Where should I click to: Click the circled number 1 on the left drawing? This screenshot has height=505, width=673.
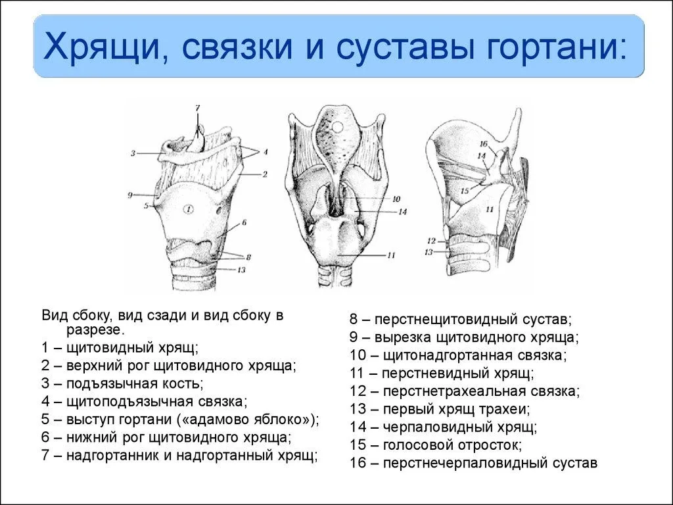point(189,210)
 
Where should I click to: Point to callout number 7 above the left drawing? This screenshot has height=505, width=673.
point(197,108)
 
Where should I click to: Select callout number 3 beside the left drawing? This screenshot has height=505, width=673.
point(133,153)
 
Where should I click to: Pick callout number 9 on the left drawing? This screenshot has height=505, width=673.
point(129,195)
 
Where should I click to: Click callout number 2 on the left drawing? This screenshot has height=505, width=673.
point(265,174)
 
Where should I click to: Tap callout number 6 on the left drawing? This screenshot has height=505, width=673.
point(244,222)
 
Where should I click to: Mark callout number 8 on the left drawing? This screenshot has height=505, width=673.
point(248,257)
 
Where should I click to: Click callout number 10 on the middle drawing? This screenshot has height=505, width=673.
point(396,199)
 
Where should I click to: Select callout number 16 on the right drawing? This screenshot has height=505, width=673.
point(484,144)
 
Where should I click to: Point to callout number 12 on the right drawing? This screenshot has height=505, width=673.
point(431,241)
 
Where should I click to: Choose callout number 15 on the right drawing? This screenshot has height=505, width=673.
point(465,191)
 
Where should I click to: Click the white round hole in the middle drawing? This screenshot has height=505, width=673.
point(338,127)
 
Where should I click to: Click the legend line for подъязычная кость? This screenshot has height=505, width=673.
point(122,383)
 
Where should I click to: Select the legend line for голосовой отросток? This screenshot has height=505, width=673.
point(436,445)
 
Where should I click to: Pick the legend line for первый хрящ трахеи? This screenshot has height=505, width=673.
point(440,409)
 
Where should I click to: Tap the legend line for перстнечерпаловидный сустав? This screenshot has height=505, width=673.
point(473,463)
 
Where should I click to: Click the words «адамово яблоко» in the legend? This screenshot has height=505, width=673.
point(246,419)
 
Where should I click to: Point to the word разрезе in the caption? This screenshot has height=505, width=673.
point(95,330)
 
